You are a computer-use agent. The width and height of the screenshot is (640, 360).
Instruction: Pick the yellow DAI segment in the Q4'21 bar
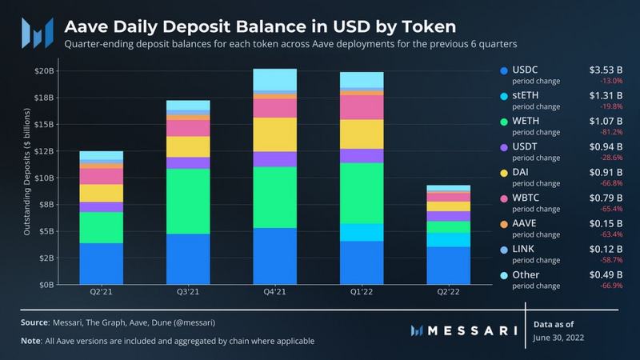[x=274, y=134]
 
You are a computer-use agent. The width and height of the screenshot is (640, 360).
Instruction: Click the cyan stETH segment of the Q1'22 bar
[x=361, y=232]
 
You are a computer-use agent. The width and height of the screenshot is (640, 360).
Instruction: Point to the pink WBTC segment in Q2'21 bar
[x=101, y=175]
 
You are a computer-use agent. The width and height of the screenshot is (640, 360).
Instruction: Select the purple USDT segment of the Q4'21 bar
[x=274, y=159]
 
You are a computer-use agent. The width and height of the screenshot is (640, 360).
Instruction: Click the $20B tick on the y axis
[x=44, y=70]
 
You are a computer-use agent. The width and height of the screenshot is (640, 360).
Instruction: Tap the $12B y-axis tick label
[x=44, y=150]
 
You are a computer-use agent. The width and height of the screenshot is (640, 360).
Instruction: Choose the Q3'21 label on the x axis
[x=187, y=294]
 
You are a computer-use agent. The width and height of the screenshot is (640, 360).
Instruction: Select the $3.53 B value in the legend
[x=606, y=70]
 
